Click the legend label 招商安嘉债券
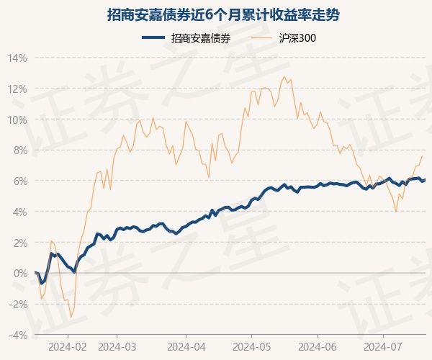tap(201, 38)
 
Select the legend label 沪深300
tap(297, 38)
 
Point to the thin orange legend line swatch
tap(264, 38)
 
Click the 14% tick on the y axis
tap(17, 58)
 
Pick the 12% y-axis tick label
tap(17, 89)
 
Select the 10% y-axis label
tap(17, 120)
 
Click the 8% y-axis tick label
tap(19, 150)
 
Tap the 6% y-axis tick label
tap(19, 181)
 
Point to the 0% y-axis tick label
tap(19, 273)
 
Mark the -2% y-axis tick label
tap(17, 304)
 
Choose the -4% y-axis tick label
tap(17, 335)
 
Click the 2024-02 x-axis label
tap(68, 346)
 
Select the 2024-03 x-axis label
tap(117, 346)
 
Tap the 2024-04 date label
tap(185, 346)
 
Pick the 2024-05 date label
tap(251, 346)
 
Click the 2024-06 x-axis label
tap(318, 346)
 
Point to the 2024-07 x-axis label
tap(382, 346)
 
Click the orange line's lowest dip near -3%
tap(71, 318)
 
